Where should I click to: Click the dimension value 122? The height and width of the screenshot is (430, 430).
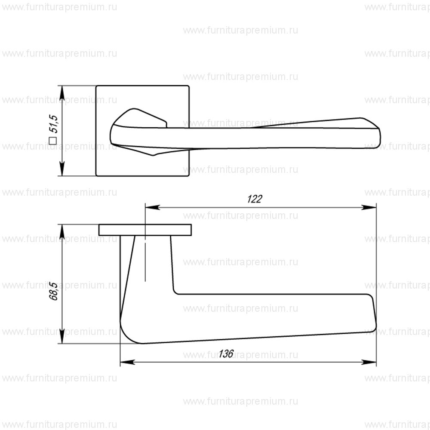pyautogui.click(x=255, y=199)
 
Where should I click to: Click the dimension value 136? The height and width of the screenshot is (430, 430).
pyautogui.click(x=226, y=354)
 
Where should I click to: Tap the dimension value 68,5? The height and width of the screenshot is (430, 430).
pyautogui.click(x=54, y=291)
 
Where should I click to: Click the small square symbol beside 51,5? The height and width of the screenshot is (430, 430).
pyautogui.click(x=53, y=140)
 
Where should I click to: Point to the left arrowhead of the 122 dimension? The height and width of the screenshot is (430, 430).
pyautogui.click(x=150, y=207)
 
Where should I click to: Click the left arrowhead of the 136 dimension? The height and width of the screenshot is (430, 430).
pyautogui.click(x=125, y=362)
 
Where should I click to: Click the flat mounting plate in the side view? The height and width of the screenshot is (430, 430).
pyautogui.click(x=145, y=230)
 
